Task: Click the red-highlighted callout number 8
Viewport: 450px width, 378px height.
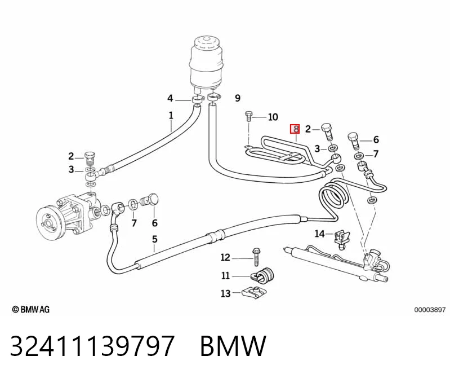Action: [x=295, y=129]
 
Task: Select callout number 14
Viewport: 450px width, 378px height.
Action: [x=319, y=234]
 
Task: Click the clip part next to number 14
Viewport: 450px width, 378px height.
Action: [x=342, y=240]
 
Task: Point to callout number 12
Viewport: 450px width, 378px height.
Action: [x=225, y=257]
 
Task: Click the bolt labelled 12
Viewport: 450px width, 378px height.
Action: [x=256, y=257]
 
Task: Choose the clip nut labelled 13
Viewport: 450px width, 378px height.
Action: [x=254, y=293]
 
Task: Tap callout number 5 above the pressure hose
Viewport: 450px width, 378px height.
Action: [x=155, y=239]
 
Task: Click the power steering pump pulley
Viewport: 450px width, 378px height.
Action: [x=51, y=221]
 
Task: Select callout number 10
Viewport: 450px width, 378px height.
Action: [x=273, y=117]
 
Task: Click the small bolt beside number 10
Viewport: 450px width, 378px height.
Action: [x=248, y=117]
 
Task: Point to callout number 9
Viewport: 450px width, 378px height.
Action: [x=237, y=98]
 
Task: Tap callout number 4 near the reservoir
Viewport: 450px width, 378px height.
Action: [x=170, y=98]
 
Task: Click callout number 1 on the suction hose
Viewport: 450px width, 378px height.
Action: [x=171, y=116]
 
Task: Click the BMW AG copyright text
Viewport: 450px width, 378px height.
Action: [x=31, y=309]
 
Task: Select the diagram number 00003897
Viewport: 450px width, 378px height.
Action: [x=430, y=310]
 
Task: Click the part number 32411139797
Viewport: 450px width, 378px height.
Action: [x=92, y=345]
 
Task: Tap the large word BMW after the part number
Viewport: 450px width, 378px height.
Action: [x=233, y=345]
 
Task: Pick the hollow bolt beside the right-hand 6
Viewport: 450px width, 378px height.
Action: [x=354, y=140]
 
